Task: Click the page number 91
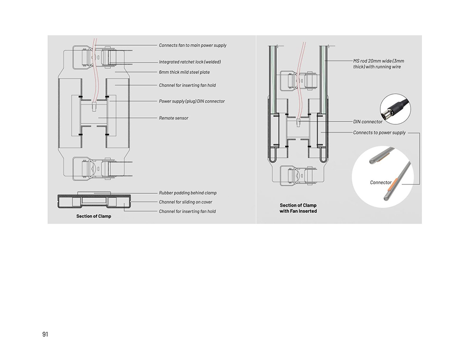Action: point(45,334)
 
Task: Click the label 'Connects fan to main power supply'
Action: point(192,45)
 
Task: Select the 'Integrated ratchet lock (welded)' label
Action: point(190,62)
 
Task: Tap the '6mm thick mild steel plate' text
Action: point(184,72)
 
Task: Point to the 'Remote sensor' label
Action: point(173,118)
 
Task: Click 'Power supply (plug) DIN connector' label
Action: point(192,101)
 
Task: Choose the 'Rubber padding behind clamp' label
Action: point(188,193)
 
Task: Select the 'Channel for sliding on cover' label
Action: point(185,202)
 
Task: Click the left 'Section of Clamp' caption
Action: point(94,216)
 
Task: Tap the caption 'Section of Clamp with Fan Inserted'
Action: point(298,208)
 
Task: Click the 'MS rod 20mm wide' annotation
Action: point(378,64)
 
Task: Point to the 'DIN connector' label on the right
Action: point(368,122)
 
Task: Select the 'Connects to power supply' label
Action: point(379,132)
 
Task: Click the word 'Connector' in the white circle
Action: point(381,183)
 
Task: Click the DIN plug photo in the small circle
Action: point(395,109)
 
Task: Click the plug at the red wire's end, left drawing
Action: point(94,106)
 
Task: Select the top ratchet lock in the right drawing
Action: point(298,80)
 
